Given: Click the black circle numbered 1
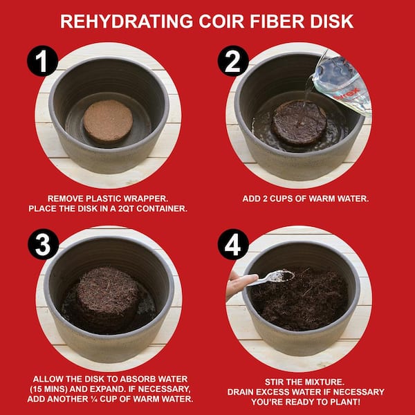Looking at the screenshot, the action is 42,61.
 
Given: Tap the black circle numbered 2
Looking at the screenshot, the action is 233,61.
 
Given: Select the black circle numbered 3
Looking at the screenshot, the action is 43,244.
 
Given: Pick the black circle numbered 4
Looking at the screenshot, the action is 233,244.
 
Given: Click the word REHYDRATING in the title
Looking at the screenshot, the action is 127,21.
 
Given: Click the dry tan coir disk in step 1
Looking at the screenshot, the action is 108,121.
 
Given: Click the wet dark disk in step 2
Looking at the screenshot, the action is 299,123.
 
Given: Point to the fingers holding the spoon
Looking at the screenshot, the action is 239,284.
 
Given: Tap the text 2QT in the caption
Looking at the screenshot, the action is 125,209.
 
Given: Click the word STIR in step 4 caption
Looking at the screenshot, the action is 274,382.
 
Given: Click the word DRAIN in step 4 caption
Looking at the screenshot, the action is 240,392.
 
